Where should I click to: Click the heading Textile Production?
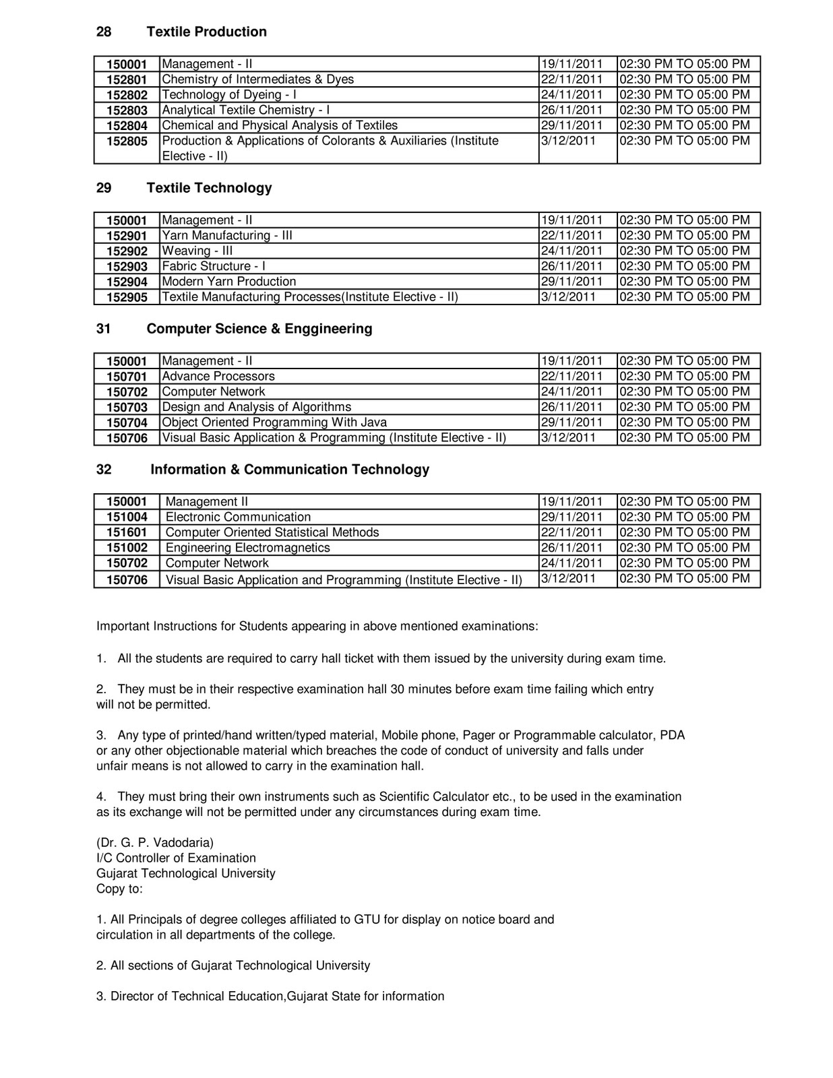click(x=206, y=32)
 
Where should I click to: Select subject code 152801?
click(x=127, y=80)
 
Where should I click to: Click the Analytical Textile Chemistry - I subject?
click(x=246, y=110)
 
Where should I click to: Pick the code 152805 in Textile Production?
click(x=127, y=141)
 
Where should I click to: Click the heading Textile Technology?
click(x=209, y=188)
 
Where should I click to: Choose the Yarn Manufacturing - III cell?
click(x=227, y=236)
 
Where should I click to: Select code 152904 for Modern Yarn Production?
click(x=127, y=282)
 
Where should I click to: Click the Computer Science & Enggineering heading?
click(x=259, y=329)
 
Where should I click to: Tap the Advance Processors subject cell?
click(x=218, y=377)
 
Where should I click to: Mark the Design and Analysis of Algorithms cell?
click(x=257, y=407)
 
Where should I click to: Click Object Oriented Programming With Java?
click(x=274, y=422)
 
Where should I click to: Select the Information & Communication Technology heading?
click(x=290, y=470)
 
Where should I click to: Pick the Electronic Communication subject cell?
click(x=238, y=517)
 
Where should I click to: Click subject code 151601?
click(x=127, y=533)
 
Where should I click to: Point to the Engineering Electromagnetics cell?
click(x=248, y=548)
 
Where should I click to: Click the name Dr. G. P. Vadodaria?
click(x=155, y=843)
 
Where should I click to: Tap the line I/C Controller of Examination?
click(x=176, y=858)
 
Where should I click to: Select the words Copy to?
click(x=119, y=889)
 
